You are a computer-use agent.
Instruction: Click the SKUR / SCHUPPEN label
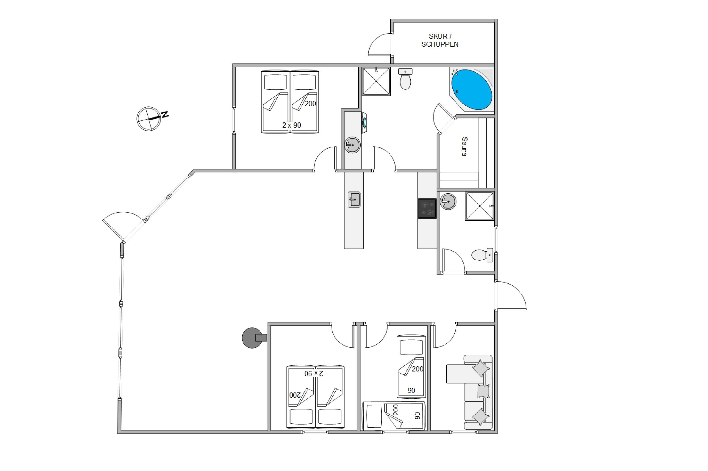(x=440, y=40)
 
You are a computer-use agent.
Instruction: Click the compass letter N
(x=165, y=114)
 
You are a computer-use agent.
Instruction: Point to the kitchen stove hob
(x=427, y=208)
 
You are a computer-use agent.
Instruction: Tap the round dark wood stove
(x=254, y=338)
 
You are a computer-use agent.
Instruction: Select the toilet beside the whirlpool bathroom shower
(x=405, y=79)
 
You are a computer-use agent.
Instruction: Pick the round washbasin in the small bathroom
(x=448, y=201)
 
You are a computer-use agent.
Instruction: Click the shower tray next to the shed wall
(x=376, y=81)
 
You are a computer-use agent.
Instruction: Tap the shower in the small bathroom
(x=479, y=206)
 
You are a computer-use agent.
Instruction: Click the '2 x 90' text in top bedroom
(x=291, y=125)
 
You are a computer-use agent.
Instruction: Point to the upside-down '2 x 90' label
(x=314, y=373)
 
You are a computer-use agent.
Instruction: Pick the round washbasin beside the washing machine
(x=352, y=145)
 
